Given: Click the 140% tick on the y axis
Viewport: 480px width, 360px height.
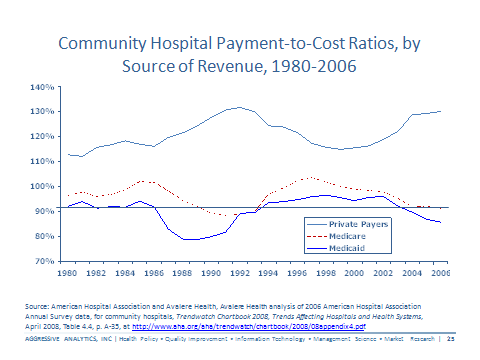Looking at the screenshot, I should click(41, 87).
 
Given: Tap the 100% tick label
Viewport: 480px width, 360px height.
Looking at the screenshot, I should click(41, 186).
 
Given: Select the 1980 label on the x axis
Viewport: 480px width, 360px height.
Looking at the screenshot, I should click(68, 272).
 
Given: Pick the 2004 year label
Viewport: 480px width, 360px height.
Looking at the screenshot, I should click(411, 272).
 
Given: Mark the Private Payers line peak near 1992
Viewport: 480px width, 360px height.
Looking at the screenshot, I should click(238, 107).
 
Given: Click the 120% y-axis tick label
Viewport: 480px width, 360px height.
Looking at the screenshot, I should click(41, 137).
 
